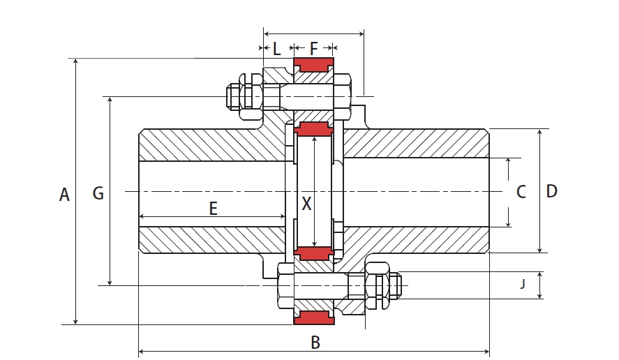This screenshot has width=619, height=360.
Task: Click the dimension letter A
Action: pos(64,195)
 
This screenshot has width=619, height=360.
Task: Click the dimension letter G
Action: pos(98,193)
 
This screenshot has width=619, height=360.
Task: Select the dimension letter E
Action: pos(214,208)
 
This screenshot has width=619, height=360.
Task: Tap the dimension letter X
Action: pos(306,204)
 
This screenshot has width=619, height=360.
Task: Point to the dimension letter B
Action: pos(315,343)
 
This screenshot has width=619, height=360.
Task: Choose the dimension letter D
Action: pos(551,191)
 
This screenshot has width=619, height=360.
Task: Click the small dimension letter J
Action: pos(523,284)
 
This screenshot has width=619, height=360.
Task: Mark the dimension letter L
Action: pos(276,49)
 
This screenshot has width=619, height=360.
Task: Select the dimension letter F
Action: pos(314,49)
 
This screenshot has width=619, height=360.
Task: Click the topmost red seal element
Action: pos(313,66)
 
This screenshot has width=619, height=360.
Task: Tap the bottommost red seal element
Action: pos(313,318)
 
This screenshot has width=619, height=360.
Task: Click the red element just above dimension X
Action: pos(313,128)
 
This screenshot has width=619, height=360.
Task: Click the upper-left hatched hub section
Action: pos(209,145)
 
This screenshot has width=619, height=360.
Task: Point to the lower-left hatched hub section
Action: pos(209,239)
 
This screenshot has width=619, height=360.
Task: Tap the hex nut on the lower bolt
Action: pos(377,285)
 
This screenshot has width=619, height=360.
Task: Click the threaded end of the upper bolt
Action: pos(232,96)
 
